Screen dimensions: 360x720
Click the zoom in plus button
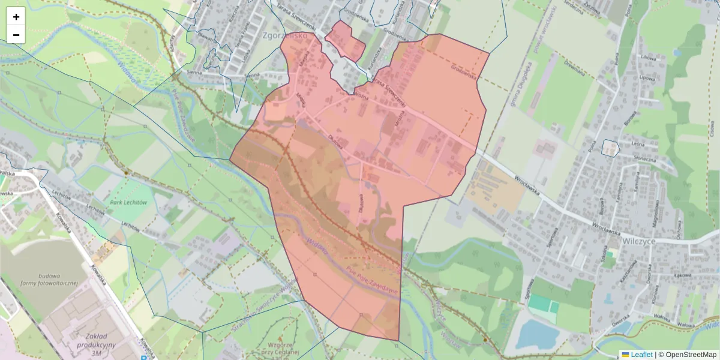point(16,17)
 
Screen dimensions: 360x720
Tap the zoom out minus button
point(16,35)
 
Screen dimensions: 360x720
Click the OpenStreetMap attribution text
point(690,355)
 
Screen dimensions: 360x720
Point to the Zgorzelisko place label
point(285,36)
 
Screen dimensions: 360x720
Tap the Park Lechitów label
point(128,203)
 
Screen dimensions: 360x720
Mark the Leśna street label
point(637,144)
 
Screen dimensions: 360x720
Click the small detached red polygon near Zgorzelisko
point(346,41)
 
